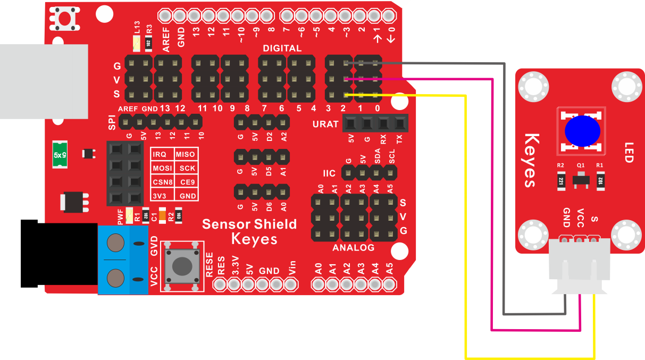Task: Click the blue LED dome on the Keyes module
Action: pos(582,131)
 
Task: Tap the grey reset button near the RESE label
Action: pos(182,266)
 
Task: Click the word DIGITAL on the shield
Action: pos(282,48)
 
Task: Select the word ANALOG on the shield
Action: pos(353,248)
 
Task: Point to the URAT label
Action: pos(325,124)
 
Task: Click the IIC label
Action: pos(329,173)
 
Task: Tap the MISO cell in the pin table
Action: pos(185,154)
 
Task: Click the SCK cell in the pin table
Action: pos(187,168)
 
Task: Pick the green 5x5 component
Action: pos(60,154)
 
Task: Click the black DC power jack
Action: pos(59,254)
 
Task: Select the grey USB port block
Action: pos(44,81)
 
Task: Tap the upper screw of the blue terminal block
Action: pos(115,243)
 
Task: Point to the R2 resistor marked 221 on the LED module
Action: pos(561,181)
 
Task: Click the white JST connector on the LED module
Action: pos(580,266)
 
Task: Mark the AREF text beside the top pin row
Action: pos(166,39)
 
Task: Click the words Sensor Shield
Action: pos(249,224)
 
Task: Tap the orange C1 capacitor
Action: pos(162,215)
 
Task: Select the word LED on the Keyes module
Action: pos(629,153)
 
